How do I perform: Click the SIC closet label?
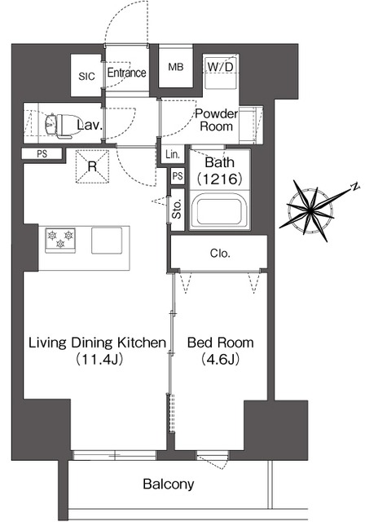tap(86, 77)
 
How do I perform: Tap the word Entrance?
tap(126, 73)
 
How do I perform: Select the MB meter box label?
tap(175, 67)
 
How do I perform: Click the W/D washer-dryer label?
tap(221, 67)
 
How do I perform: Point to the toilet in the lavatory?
tap(64, 126)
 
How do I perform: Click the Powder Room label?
tap(217, 120)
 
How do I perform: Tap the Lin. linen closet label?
tap(173, 154)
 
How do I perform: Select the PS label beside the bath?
tap(178, 175)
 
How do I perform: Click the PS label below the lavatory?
tap(42, 154)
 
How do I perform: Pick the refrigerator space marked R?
tap(92, 166)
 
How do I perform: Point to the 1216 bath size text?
tap(219, 179)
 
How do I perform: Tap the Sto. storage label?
tap(177, 210)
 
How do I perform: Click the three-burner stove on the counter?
tap(60, 239)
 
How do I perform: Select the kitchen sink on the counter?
tap(107, 241)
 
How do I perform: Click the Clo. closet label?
tap(220, 254)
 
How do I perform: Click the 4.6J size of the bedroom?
tap(220, 359)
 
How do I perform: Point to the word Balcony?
tap(168, 484)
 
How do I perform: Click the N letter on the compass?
tap(356, 187)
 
